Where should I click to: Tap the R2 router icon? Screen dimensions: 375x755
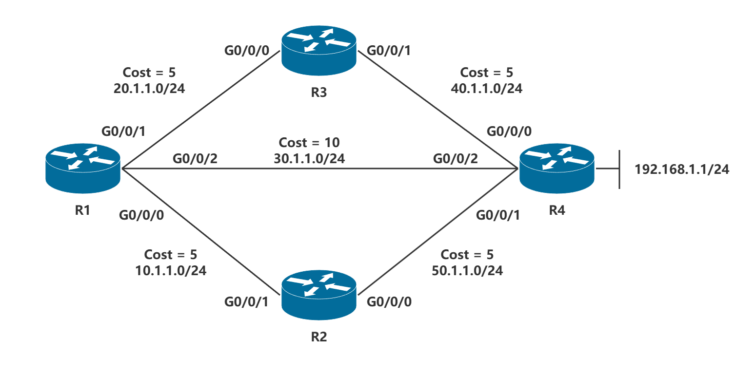pos(318,296)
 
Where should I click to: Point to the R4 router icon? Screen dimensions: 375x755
pos(556,168)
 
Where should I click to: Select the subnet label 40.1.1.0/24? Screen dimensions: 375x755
pos(486,89)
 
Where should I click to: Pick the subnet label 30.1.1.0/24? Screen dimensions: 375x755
pos(309,158)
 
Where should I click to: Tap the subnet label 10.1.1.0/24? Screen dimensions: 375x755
pos(171,271)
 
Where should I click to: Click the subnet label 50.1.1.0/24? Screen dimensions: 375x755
pos(467,270)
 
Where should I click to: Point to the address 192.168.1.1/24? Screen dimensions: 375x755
pos(682,169)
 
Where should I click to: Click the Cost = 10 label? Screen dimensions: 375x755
pos(309,143)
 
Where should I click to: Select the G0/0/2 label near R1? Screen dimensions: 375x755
pos(195,159)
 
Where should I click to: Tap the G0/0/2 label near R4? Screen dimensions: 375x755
pos(456,159)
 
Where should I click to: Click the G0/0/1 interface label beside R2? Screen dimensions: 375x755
pos(247,302)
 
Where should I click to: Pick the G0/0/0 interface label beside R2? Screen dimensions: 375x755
pos(389,302)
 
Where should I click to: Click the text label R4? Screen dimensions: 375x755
pos(557,210)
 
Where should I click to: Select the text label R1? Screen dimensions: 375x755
pos(82,210)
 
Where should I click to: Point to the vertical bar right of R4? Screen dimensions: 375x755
pos(619,169)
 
